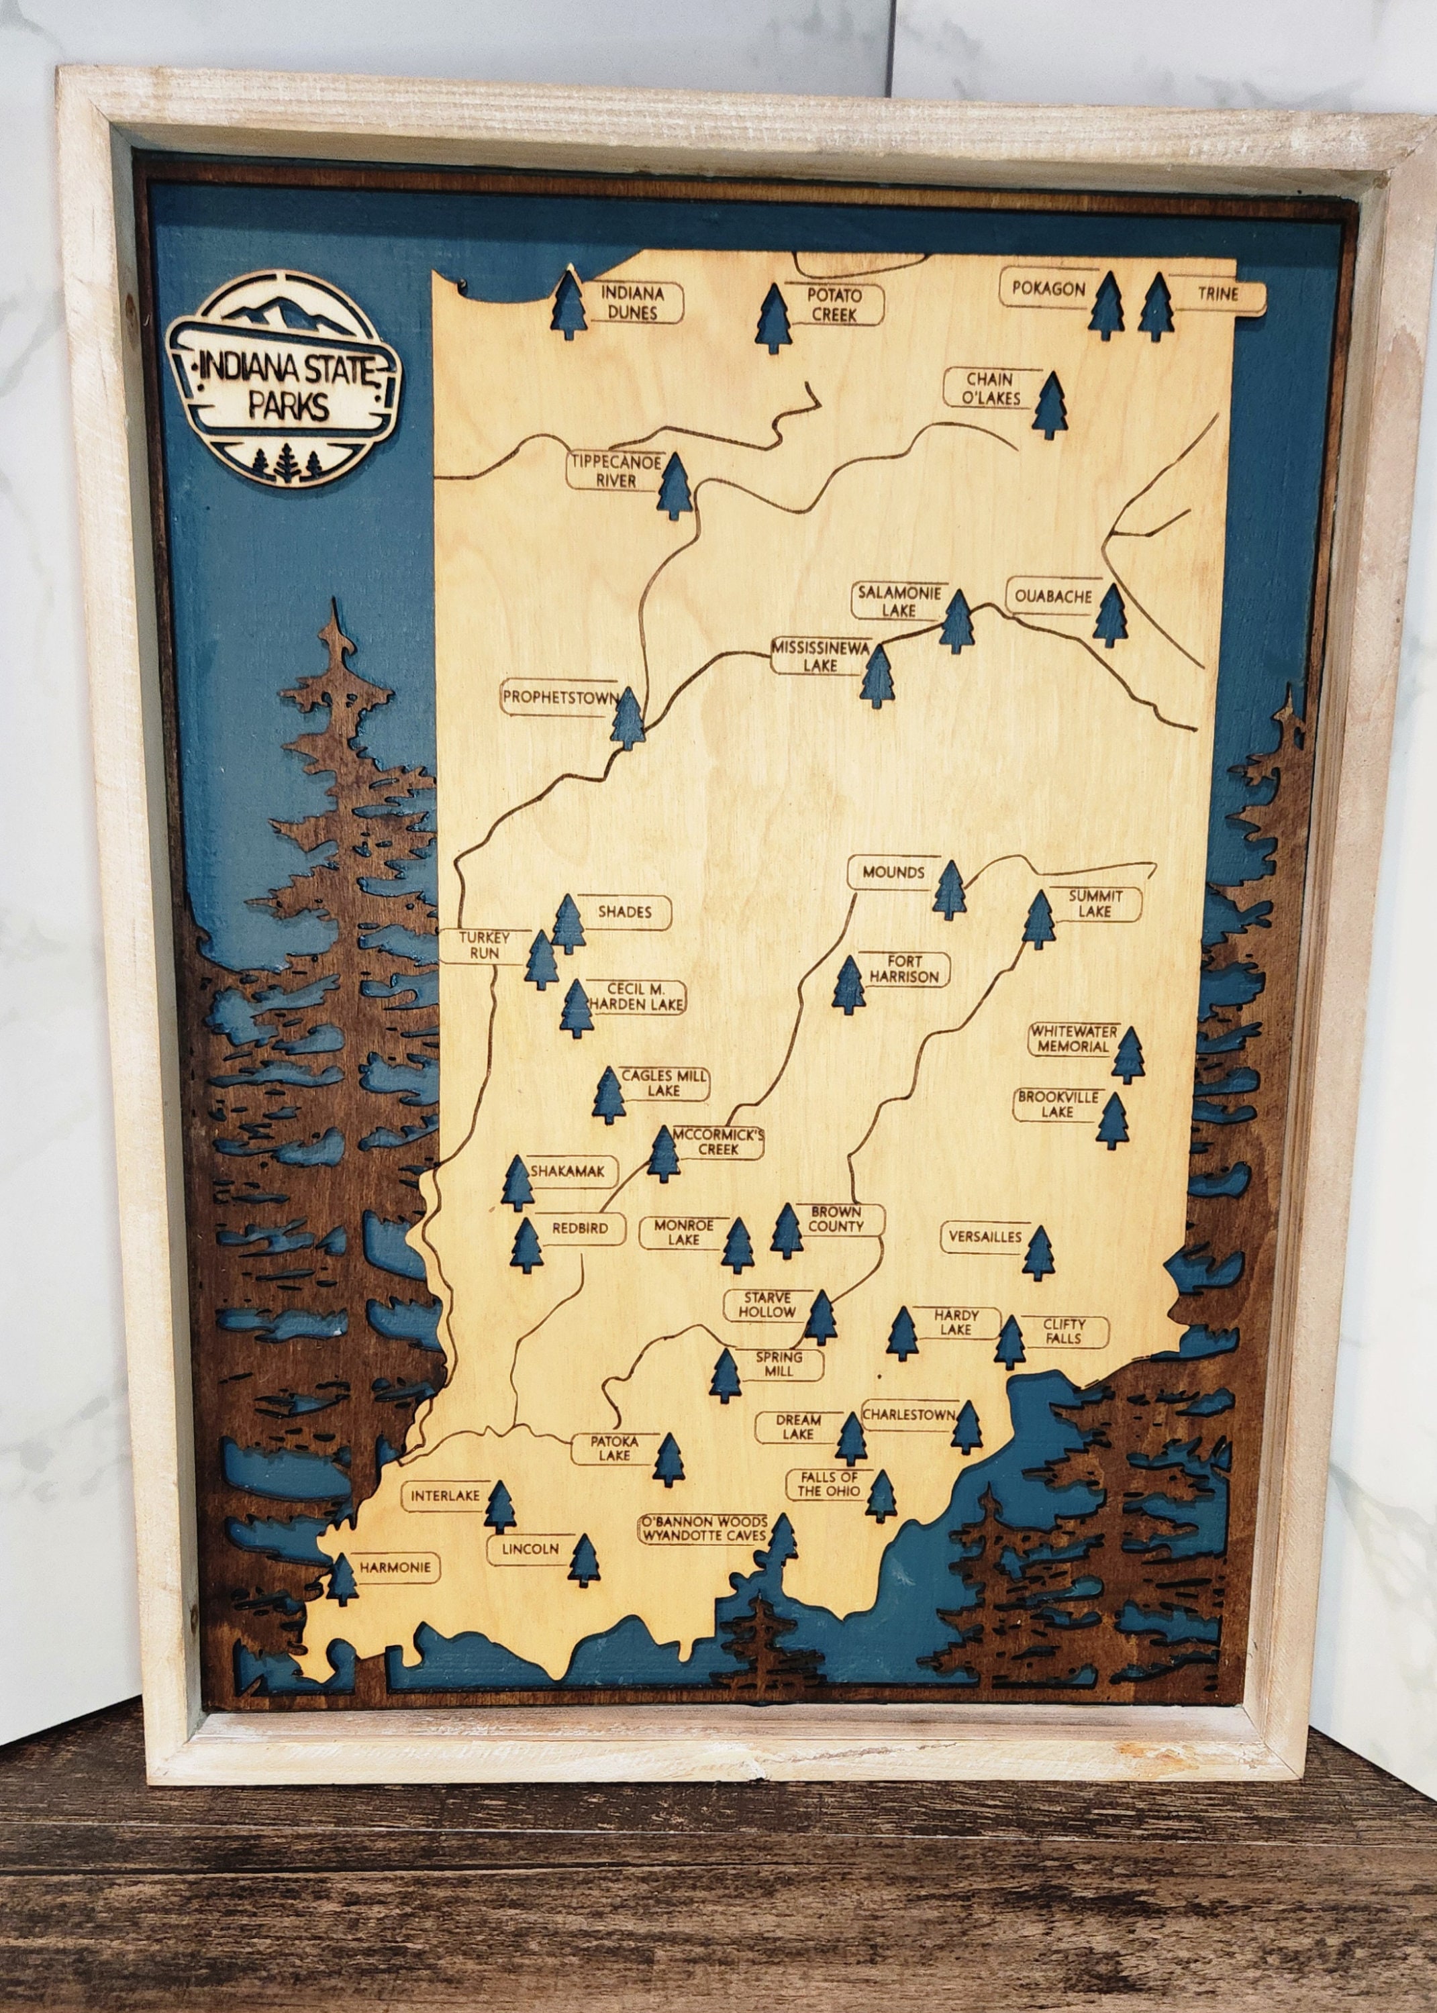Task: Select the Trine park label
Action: tap(1218, 295)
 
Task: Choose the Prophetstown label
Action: tap(559, 698)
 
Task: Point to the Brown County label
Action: tap(834, 1220)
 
